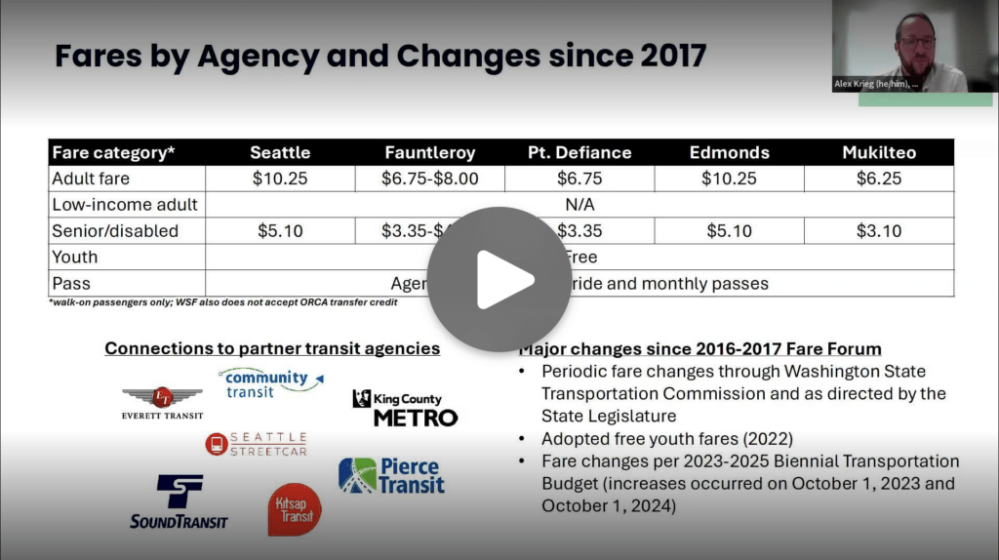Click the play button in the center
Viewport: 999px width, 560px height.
click(x=499, y=279)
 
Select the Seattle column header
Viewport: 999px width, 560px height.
click(x=280, y=152)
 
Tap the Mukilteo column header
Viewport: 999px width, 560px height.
click(x=878, y=152)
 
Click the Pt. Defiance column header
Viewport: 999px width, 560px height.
click(x=579, y=152)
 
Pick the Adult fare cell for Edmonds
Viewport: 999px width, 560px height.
click(x=729, y=179)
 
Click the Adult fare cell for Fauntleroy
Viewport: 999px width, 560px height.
click(x=429, y=179)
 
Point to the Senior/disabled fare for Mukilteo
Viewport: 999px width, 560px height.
click(x=878, y=231)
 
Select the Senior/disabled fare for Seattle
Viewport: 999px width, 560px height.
click(x=280, y=231)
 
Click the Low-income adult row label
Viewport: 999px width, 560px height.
click(x=125, y=205)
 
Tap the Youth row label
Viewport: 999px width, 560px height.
click(x=75, y=258)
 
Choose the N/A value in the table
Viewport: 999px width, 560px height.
click(x=579, y=205)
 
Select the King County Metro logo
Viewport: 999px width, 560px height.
click(x=405, y=408)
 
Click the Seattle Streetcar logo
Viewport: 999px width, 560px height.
click(x=257, y=444)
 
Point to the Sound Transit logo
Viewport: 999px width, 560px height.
click(x=179, y=501)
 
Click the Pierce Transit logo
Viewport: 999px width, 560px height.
click(x=391, y=476)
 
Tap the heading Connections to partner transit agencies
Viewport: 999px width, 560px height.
click(x=272, y=348)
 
